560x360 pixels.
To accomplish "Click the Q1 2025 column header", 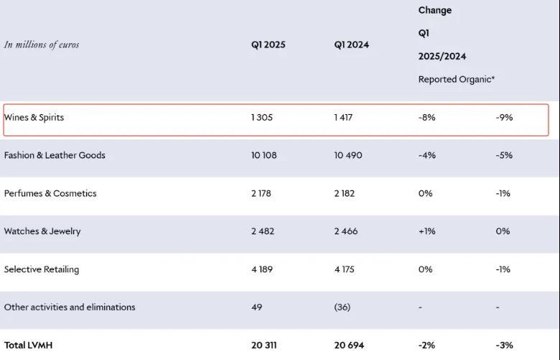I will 268,45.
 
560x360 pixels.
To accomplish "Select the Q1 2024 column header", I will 351,45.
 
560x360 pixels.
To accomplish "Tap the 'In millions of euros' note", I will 42,45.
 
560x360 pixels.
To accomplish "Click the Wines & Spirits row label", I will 34,117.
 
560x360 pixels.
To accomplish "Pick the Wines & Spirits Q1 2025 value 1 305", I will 262,117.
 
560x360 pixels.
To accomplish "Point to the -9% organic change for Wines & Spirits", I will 504,117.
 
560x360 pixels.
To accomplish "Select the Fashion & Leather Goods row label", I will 55,155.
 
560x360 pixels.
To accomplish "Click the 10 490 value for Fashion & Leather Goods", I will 348,155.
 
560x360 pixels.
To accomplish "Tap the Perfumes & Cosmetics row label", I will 50,193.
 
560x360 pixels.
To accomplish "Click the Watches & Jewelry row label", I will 42,231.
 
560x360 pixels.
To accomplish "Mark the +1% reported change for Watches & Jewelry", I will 427,231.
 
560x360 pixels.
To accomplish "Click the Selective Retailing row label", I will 42,269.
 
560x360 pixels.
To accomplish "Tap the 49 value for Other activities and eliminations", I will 257,307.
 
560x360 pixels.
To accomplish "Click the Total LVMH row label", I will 28,345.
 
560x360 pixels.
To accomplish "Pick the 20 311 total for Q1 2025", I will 264,345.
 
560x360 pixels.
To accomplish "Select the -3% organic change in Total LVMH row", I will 504,345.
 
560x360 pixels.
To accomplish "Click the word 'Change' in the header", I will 435,11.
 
